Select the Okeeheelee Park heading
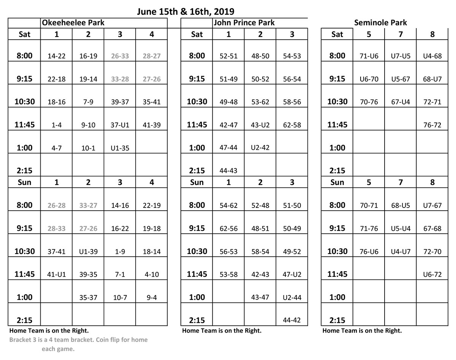click(73, 23)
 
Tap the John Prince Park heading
click(244, 23)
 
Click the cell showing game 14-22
click(57, 56)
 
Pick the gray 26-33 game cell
click(120, 56)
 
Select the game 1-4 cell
click(57, 125)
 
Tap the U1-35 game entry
click(120, 148)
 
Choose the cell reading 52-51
click(228, 56)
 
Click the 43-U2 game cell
click(260, 125)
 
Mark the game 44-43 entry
click(228, 171)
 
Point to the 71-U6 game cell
click(369, 56)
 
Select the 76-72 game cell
click(432, 125)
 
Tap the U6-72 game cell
click(432, 274)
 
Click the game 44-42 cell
click(292, 320)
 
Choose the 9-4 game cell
click(152, 297)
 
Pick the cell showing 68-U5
click(401, 206)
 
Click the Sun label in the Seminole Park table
click(337, 182)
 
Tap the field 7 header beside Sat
click(401, 34)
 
